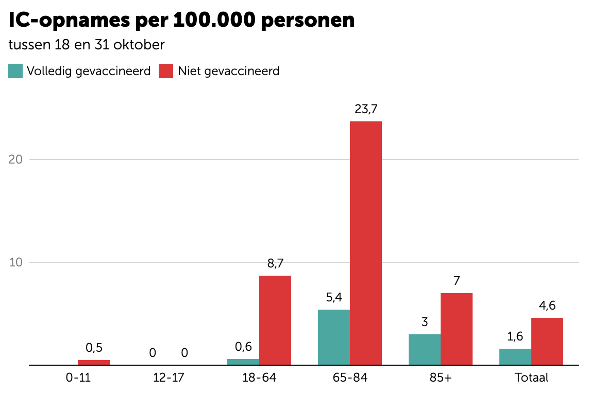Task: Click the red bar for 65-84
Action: click(x=366, y=243)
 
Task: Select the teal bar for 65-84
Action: click(x=334, y=337)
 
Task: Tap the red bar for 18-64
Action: click(x=275, y=320)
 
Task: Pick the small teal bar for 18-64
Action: click(x=243, y=362)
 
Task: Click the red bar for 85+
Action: click(x=457, y=329)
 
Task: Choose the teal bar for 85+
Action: click(x=425, y=349)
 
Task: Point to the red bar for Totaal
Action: click(x=547, y=341)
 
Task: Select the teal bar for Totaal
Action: click(x=515, y=356)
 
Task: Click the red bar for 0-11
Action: click(x=94, y=362)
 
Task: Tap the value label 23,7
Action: click(x=366, y=109)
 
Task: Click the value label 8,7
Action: click(x=275, y=263)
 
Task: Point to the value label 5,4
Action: click(x=334, y=297)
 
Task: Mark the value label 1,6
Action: click(x=515, y=336)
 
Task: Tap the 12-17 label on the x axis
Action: click(x=169, y=378)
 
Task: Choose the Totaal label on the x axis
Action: click(x=531, y=378)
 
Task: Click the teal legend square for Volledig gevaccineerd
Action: click(x=15, y=71)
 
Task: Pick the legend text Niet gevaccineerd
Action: click(x=228, y=71)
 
